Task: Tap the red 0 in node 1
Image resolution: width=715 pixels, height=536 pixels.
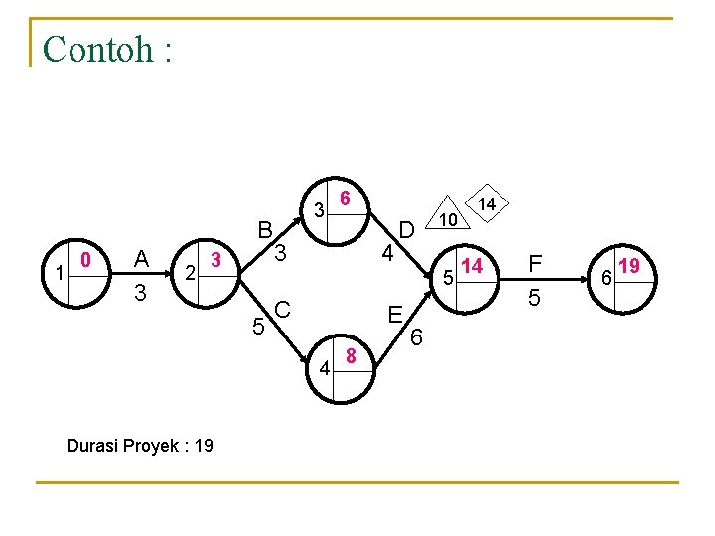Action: click(x=86, y=261)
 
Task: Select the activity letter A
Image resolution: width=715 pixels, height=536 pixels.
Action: click(x=142, y=260)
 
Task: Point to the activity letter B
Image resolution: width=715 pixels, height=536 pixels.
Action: click(x=265, y=231)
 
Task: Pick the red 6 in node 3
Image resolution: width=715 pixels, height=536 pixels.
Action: click(x=344, y=198)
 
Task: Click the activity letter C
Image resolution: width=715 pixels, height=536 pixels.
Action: click(x=282, y=310)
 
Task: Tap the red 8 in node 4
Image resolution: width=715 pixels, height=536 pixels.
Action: click(x=351, y=355)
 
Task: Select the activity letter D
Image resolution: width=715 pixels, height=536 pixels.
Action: click(x=406, y=231)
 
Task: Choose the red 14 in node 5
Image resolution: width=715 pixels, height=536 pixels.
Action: click(x=472, y=266)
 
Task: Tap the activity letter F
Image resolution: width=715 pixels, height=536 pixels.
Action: click(x=536, y=264)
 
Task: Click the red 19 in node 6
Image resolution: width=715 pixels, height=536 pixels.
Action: click(x=628, y=266)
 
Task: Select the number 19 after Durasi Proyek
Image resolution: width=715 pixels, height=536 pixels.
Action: click(x=203, y=445)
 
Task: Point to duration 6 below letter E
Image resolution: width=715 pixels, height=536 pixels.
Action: click(x=418, y=339)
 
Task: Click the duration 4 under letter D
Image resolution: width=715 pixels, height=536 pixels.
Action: click(x=389, y=254)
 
